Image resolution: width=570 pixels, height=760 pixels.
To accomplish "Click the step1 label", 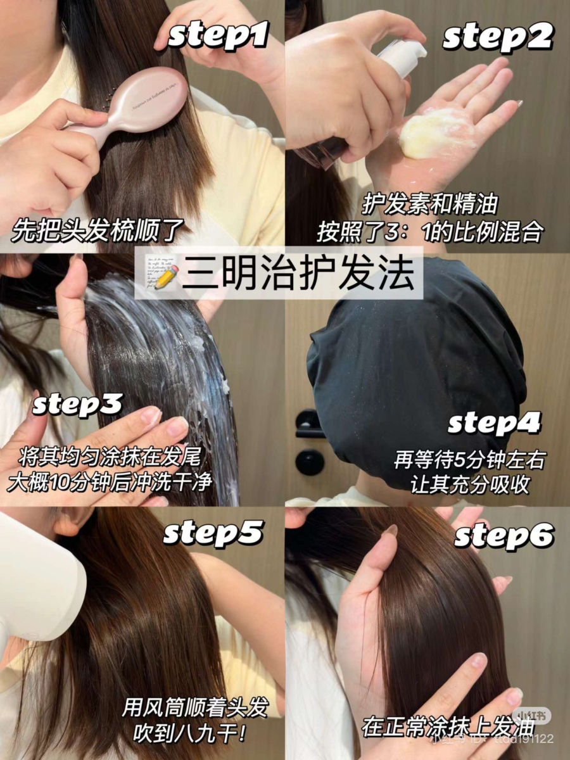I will [x=218, y=37].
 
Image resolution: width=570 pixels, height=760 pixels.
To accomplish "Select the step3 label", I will [x=77, y=405].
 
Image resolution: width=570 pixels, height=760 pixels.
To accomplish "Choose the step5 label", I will [x=213, y=533].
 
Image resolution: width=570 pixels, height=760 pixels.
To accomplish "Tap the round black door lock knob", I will [x=310, y=462].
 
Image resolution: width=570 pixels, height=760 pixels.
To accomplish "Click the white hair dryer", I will [x=38, y=583].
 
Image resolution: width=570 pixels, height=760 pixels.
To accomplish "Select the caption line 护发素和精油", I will [x=430, y=205].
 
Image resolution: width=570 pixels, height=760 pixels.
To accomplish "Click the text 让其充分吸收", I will [x=470, y=484].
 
